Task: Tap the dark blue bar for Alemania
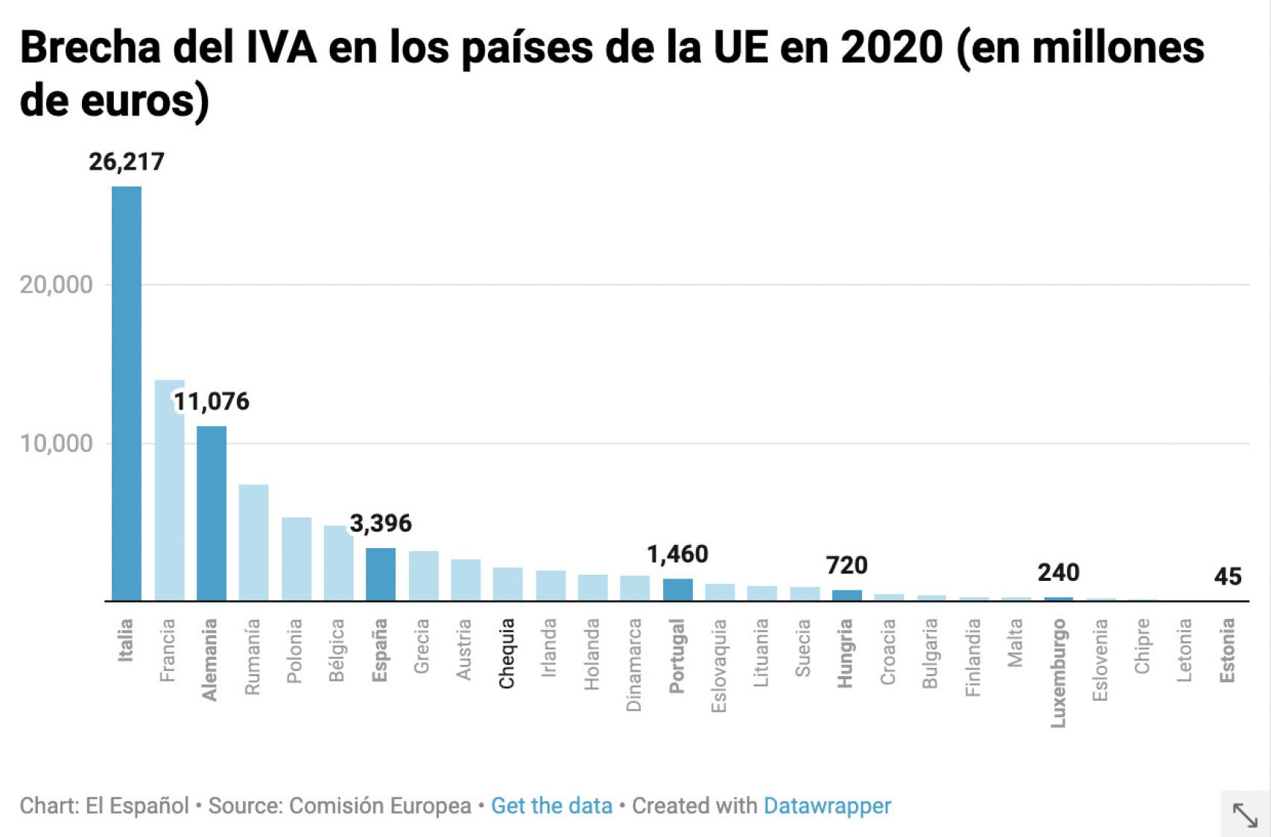[212, 513]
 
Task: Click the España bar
[381, 574]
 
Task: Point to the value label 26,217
[127, 162]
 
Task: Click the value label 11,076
[212, 402]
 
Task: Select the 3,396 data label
[381, 523]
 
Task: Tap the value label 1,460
[677, 554]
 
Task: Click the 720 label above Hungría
[846, 566]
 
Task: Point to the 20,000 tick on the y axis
[56, 284]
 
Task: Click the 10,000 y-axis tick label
[56, 444]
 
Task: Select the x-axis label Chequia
[507, 653]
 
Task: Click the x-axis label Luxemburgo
[1059, 672]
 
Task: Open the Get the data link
[551, 806]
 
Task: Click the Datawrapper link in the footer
[827, 806]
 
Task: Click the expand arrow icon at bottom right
[1245, 815]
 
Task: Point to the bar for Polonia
[297, 558]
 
